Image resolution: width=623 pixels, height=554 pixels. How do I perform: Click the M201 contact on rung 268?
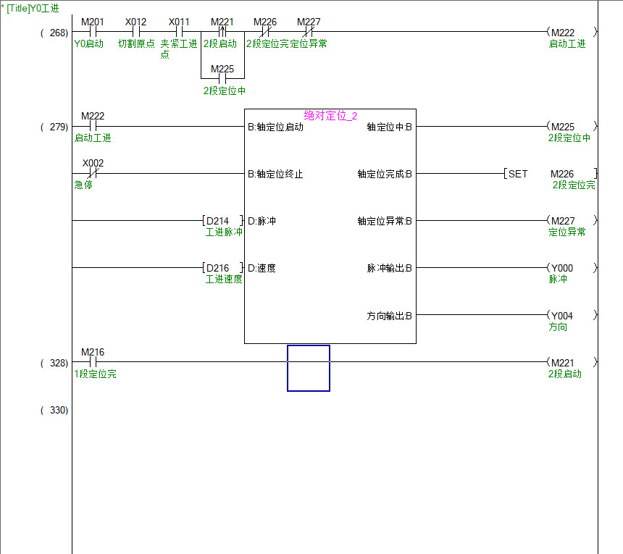[92, 32]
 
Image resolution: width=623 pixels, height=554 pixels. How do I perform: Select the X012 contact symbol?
[135, 32]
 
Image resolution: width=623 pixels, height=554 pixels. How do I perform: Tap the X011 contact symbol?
[179, 32]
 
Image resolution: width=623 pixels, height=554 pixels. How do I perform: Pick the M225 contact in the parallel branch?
[222, 78]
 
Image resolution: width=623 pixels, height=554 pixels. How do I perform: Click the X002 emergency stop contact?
[92, 174]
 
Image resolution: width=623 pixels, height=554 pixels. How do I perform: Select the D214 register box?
[222, 221]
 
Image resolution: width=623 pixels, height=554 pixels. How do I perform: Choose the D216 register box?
[222, 268]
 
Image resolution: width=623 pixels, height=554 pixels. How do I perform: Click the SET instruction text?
[517, 174]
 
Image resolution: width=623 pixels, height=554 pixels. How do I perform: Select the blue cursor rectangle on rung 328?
[309, 368]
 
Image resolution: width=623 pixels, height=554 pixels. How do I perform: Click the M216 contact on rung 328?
[92, 362]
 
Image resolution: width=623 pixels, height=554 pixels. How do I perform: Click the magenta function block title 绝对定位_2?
[330, 116]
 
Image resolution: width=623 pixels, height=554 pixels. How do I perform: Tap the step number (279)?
[54, 127]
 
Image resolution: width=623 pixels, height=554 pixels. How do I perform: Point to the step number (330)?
[54, 410]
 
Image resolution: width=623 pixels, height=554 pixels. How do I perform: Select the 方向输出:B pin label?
[389, 316]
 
